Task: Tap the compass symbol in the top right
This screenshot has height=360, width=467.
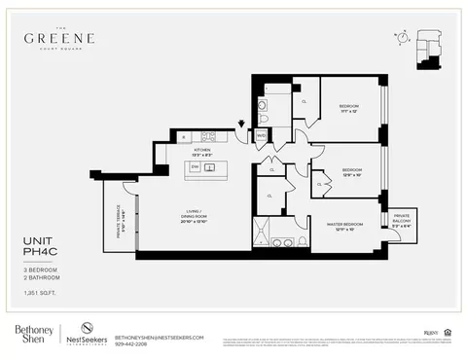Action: tap(401, 37)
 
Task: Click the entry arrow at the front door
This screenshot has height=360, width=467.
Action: tap(242, 124)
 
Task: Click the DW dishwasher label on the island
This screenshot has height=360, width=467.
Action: tap(196, 167)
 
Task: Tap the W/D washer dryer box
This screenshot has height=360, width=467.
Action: tap(261, 136)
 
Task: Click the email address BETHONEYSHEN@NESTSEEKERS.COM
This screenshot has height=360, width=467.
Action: tap(159, 336)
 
